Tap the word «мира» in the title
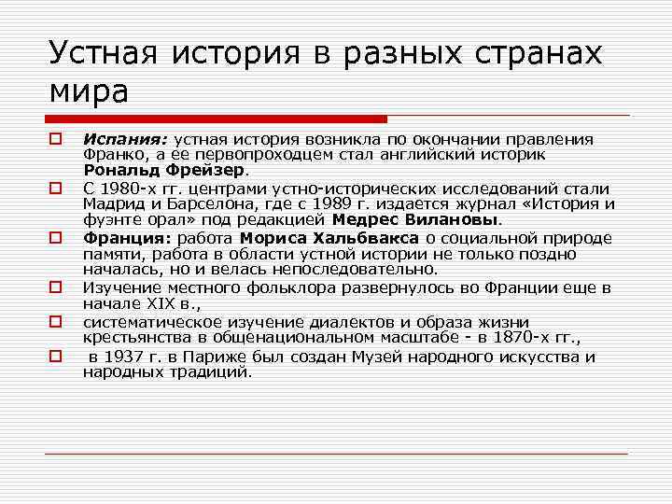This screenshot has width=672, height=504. point(89,92)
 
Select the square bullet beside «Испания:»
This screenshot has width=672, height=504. point(56,140)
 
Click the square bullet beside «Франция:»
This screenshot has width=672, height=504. point(56,238)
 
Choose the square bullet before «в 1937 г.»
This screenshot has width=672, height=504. point(56,356)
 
